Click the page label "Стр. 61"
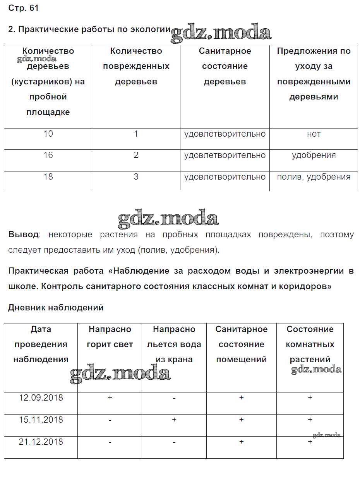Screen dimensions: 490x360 click(23, 8)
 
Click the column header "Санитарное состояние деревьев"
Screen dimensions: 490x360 click(225, 66)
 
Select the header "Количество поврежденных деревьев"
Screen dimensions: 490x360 click(136, 66)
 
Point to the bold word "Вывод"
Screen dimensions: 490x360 click(23, 235)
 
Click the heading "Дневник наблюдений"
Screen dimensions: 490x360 click(56, 308)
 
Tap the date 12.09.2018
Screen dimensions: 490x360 click(41, 398)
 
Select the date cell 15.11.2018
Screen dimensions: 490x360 click(41, 420)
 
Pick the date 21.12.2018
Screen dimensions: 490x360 click(41, 442)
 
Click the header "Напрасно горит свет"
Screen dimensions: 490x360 click(110, 337)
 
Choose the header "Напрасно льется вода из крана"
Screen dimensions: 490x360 click(174, 344)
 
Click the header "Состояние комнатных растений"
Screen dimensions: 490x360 click(310, 344)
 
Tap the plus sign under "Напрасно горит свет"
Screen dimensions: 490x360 click(110, 398)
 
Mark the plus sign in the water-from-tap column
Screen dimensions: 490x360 click(174, 420)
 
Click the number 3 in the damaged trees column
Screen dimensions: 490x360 click(136, 177)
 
